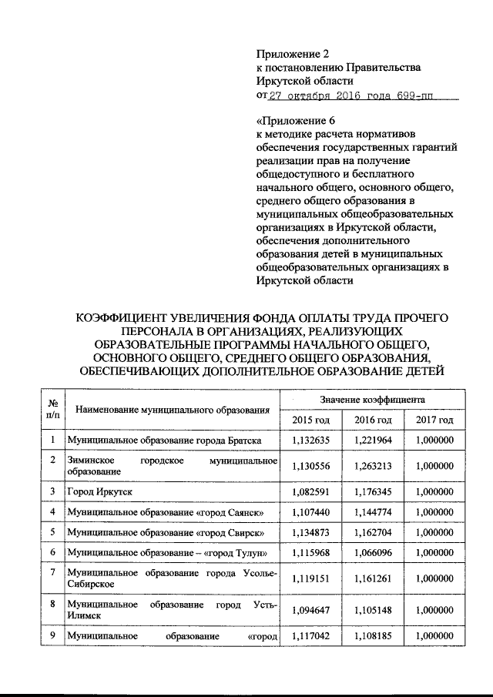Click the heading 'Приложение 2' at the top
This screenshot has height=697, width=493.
(x=292, y=54)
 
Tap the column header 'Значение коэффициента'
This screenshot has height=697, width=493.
(x=373, y=400)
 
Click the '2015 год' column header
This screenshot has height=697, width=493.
(x=311, y=420)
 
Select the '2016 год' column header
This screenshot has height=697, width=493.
(x=373, y=420)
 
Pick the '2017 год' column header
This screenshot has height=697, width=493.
(x=434, y=420)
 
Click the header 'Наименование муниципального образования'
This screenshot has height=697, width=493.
(x=170, y=410)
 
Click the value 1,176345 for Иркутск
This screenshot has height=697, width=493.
(x=373, y=491)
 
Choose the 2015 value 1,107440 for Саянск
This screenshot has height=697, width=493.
(x=311, y=511)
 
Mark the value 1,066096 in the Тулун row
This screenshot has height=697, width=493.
(x=373, y=553)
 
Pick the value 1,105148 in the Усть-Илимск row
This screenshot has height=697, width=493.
(x=373, y=610)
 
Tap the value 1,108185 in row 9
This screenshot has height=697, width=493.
(x=373, y=637)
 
